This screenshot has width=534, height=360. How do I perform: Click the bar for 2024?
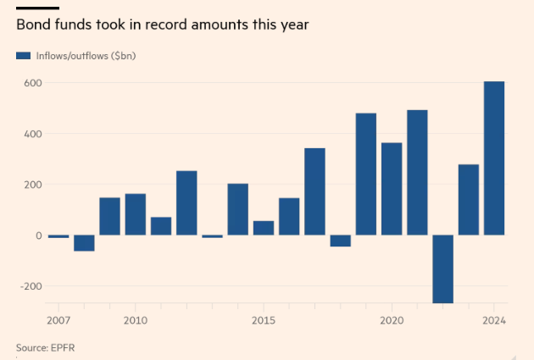pyautogui.click(x=494, y=158)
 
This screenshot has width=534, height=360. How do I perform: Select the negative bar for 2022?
pyautogui.click(x=442, y=269)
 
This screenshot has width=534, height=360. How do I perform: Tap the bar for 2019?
pyautogui.click(x=366, y=174)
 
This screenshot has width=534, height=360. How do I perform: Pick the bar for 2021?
pyautogui.click(x=417, y=172)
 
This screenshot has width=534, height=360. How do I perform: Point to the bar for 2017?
pyautogui.click(x=314, y=191)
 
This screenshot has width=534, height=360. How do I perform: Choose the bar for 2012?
pyautogui.click(x=186, y=203)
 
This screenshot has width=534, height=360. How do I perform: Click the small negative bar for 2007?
pyautogui.click(x=58, y=236)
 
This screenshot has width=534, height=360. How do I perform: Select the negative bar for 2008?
pyautogui.click(x=84, y=243)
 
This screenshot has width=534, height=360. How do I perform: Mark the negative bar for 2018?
pyautogui.click(x=340, y=241)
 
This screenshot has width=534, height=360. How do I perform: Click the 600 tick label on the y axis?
pyautogui.click(x=31, y=83)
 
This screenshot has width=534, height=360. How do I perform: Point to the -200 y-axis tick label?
pyautogui.click(x=30, y=286)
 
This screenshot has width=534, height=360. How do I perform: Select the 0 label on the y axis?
pyautogui.click(x=37, y=235)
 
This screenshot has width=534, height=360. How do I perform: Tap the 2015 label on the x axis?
pyautogui.click(x=263, y=320)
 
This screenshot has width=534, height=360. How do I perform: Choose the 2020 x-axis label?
pyautogui.click(x=391, y=320)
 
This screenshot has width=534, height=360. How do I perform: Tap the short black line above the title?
pyautogui.click(x=31, y=7)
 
